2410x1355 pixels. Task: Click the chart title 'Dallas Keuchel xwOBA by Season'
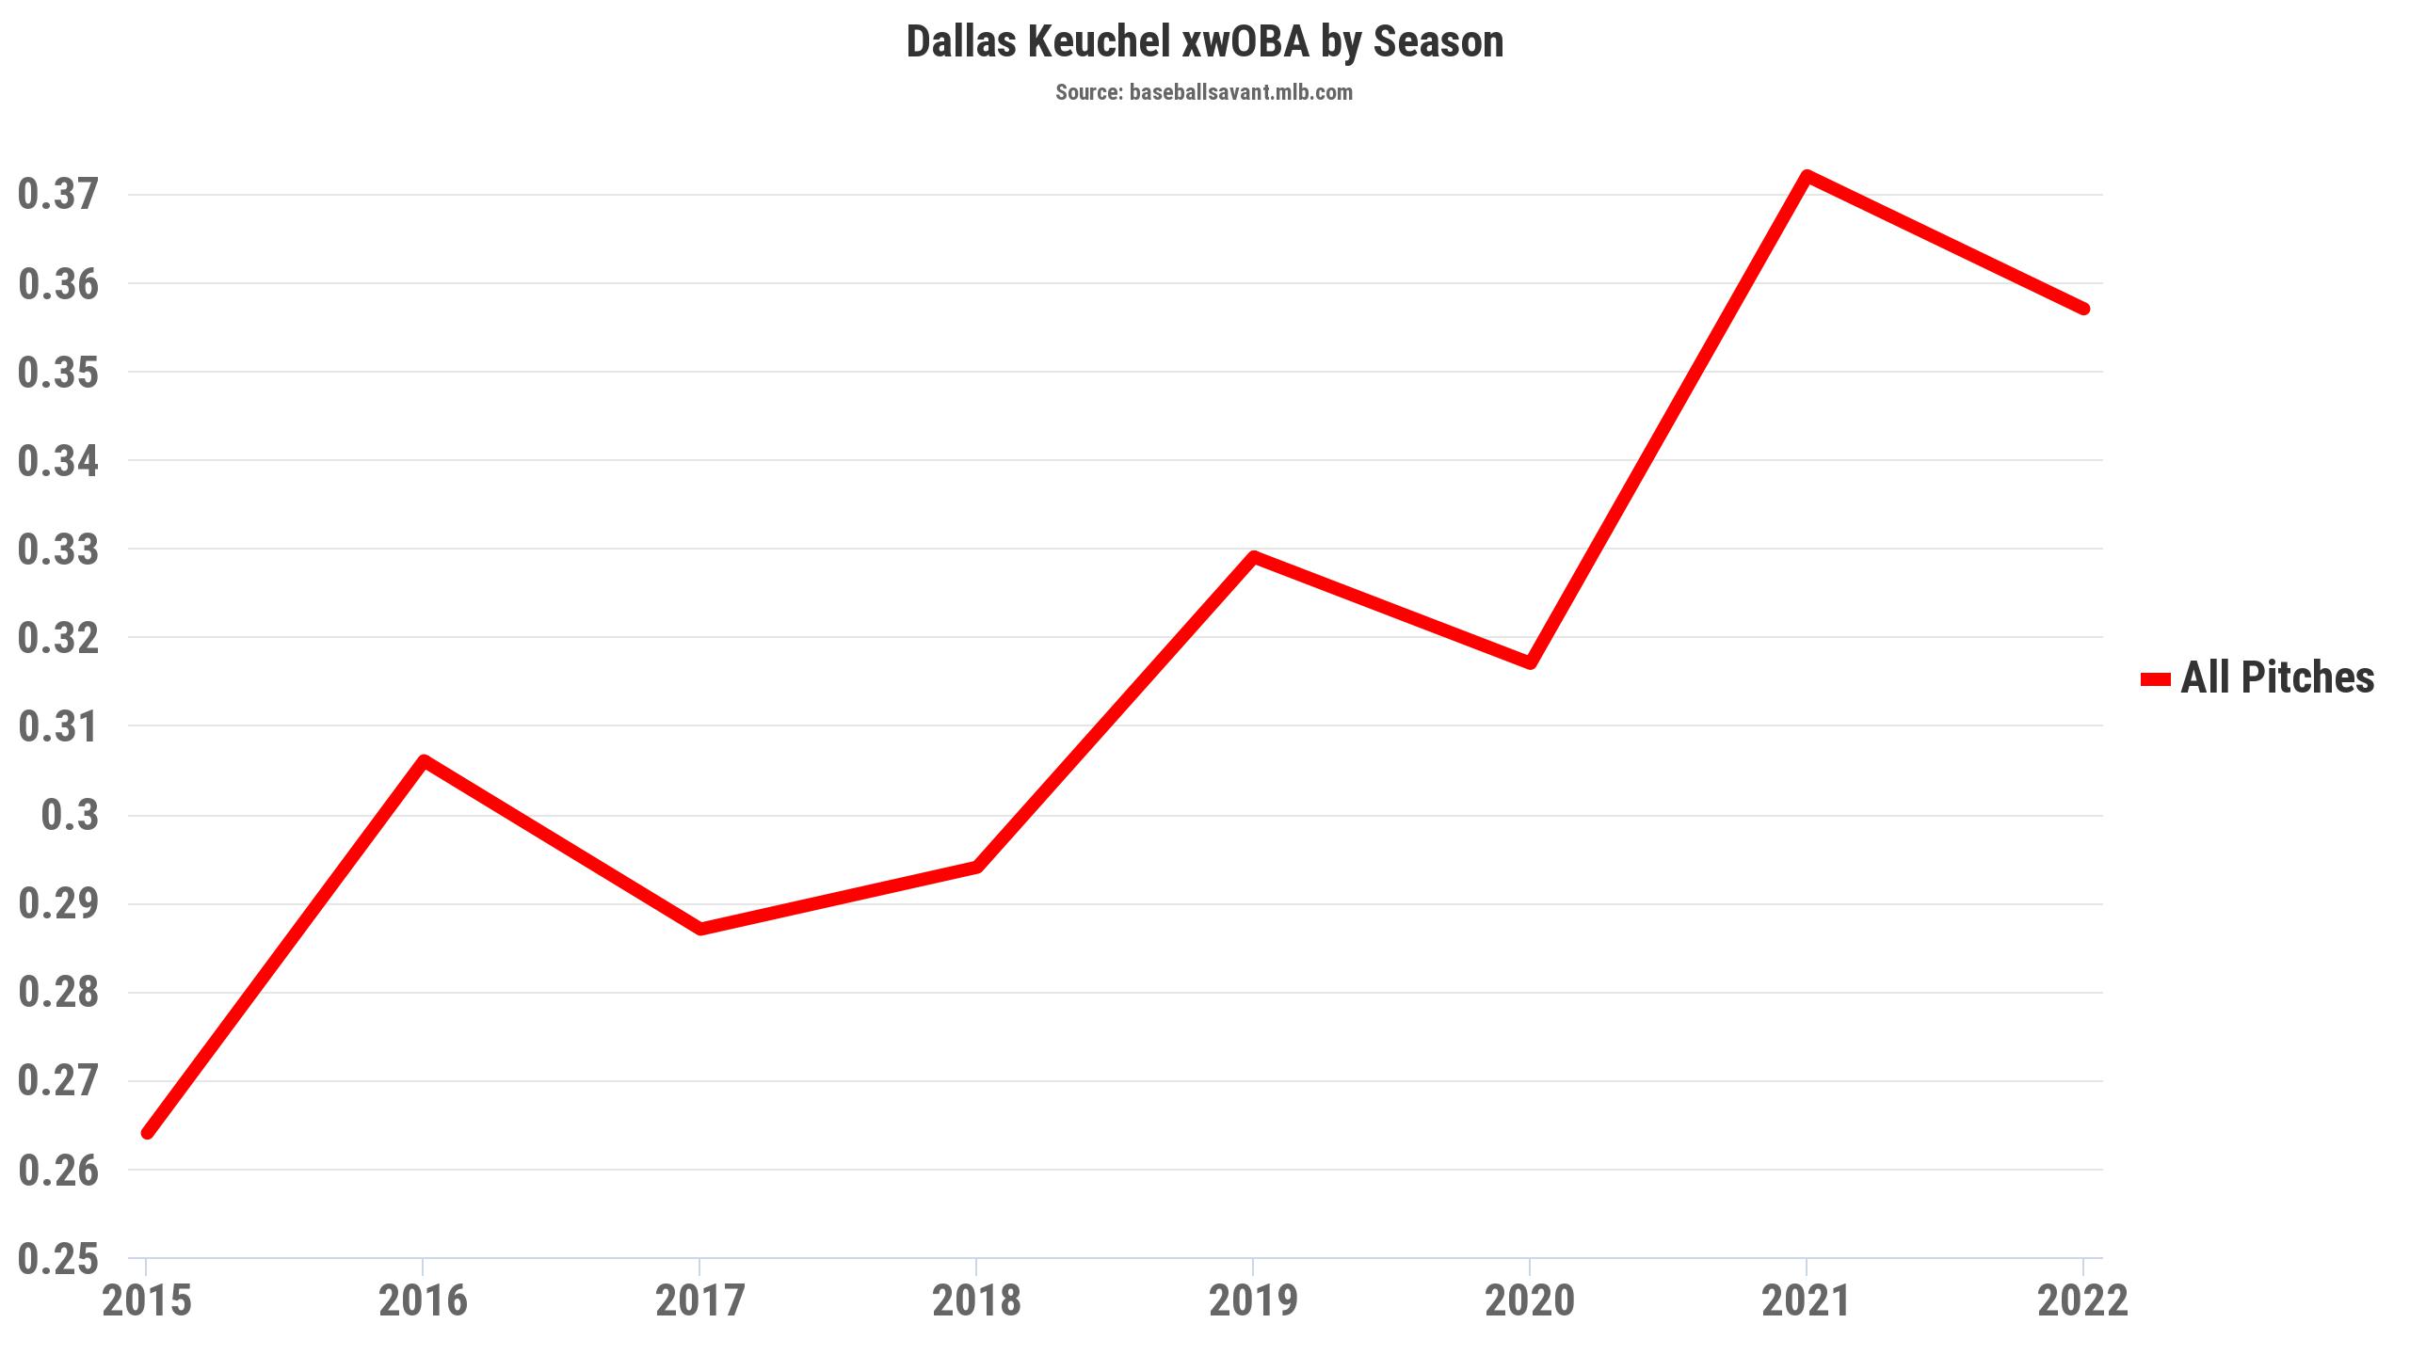1204,42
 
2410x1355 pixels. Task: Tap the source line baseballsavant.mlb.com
1204,92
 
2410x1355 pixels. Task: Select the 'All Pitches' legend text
2277,677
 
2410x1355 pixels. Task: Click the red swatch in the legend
2156,678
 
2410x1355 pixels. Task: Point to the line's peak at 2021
1807,176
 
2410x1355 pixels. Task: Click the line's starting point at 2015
147,1132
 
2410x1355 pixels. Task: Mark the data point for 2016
424,760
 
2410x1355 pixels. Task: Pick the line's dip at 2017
700,929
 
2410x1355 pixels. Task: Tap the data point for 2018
977,867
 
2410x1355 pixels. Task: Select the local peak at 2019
1253,557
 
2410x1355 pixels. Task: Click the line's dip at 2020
1530,662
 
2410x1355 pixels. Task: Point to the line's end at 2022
2083,309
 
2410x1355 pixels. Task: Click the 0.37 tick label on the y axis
58,195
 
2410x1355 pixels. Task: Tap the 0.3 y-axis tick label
70,815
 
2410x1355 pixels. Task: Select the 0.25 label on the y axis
58,1258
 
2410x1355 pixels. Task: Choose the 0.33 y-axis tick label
58,550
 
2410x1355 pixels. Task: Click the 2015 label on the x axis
147,1301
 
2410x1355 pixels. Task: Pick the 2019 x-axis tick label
1253,1301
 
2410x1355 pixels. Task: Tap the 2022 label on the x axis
2083,1301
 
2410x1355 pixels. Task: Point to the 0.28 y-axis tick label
58,993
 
